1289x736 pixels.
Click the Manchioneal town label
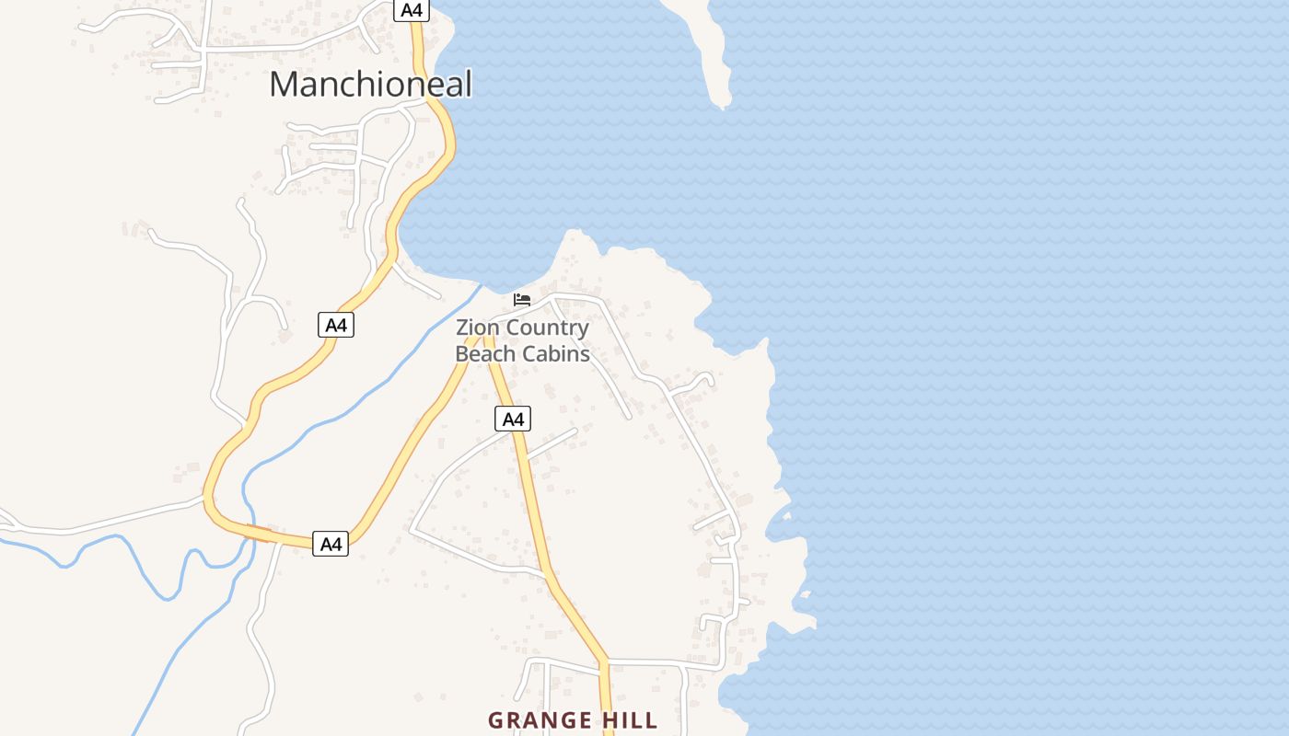[x=370, y=85]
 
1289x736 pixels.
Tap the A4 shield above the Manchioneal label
[x=412, y=10]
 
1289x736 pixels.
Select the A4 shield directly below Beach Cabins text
[x=513, y=420]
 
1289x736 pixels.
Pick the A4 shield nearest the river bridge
[x=331, y=544]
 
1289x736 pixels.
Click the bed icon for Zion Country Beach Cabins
[x=522, y=300]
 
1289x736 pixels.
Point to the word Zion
[x=478, y=328]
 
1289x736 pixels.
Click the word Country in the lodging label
[x=547, y=328]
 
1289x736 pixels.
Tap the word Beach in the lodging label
[x=485, y=353]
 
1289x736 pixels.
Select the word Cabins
[x=556, y=353]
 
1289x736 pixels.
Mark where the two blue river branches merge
[x=247, y=543]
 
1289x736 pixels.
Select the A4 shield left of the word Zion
[x=336, y=325]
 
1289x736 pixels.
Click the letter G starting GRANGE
[x=495, y=720]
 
